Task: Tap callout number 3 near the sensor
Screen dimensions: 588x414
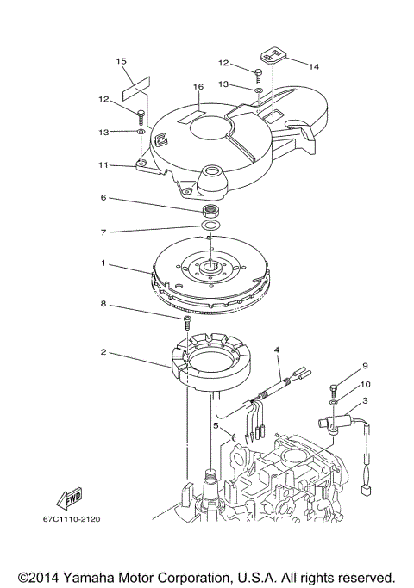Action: tap(365, 401)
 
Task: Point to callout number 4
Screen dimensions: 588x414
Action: tap(277, 350)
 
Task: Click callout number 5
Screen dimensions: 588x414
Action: tap(216, 424)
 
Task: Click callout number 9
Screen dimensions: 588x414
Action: tap(365, 366)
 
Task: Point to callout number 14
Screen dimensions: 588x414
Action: tap(313, 65)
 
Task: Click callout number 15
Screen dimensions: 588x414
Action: tap(122, 61)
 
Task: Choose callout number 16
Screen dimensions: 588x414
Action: tap(198, 87)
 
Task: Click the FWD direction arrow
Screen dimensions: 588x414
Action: tap(67, 498)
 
